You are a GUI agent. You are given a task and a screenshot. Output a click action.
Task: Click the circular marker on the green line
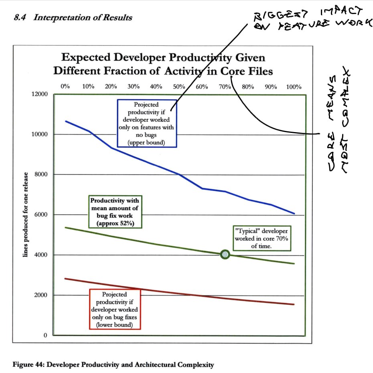point(225,255)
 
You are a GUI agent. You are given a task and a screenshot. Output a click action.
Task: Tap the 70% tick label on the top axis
point(225,87)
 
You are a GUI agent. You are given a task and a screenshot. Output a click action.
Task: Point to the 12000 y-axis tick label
point(39,94)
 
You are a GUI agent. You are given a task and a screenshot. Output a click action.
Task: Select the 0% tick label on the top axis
point(65,86)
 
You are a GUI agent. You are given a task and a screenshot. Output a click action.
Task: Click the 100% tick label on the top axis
point(294,87)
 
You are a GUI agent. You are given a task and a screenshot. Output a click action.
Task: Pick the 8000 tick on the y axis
point(41,174)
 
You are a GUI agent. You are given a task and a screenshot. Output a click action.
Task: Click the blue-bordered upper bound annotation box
point(147,123)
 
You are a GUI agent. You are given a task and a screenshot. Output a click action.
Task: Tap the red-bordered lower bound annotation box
point(115,309)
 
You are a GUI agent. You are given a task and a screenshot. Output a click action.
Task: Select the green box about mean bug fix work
point(115,212)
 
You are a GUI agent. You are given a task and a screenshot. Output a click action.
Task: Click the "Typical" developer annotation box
point(262,238)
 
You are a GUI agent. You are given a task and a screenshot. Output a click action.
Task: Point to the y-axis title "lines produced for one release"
point(25,215)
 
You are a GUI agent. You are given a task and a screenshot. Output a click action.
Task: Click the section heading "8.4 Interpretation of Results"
point(73,17)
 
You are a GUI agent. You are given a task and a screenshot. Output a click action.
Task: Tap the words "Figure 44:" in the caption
point(28,365)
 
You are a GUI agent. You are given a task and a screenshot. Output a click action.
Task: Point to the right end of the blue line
point(294,214)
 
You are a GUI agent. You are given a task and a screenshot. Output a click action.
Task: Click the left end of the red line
point(65,278)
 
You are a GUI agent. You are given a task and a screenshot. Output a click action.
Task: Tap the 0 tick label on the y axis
point(45,335)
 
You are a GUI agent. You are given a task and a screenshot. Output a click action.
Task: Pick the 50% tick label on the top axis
point(179,87)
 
